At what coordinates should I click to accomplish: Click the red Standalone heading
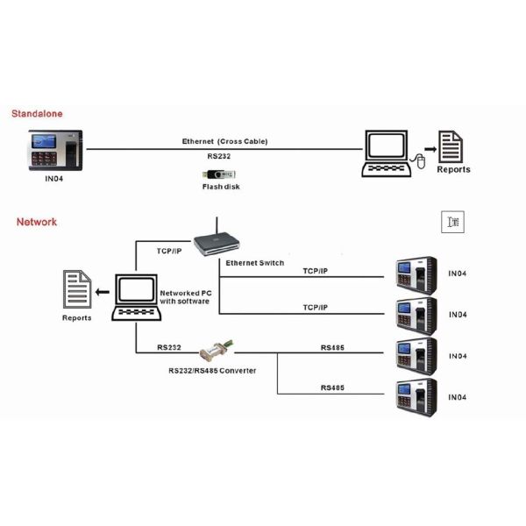click(37, 114)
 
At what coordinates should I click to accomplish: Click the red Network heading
click(37, 222)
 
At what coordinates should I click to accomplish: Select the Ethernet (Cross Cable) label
click(224, 141)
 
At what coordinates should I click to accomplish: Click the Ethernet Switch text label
click(254, 263)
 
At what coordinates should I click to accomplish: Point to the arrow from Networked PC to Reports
click(103, 291)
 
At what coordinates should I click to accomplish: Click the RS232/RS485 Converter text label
click(212, 371)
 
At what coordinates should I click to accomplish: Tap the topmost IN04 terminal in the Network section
click(416, 273)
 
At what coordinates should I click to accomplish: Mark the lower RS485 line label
click(332, 387)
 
